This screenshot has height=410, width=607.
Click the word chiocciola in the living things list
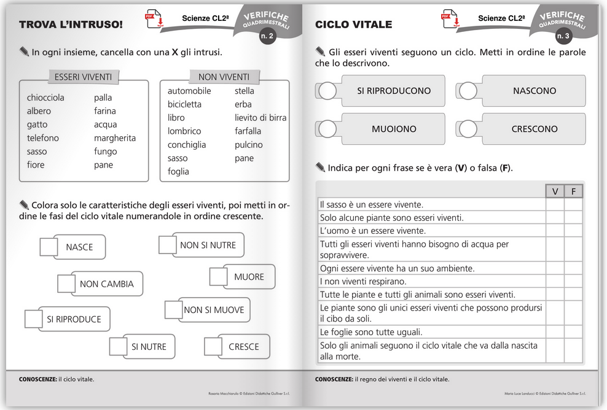pyautogui.click(x=45, y=98)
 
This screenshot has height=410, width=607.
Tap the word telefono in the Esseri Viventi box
pyautogui.click(x=43, y=138)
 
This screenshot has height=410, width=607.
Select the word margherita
pyautogui.click(x=115, y=138)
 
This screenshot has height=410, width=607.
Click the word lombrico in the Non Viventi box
pyautogui.click(x=184, y=131)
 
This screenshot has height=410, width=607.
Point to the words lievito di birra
pyautogui.click(x=260, y=118)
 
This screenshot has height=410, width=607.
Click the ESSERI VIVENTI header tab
pyautogui.click(x=83, y=77)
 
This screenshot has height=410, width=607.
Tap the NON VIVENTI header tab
pyautogui.click(x=224, y=77)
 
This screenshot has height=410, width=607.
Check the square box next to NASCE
pyautogui.click(x=49, y=247)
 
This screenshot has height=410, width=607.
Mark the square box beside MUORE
pyautogui.click(x=218, y=277)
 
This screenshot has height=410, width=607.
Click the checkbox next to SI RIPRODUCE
pyautogui.click(x=34, y=319)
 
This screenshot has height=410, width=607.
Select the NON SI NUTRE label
pyautogui.click(x=208, y=246)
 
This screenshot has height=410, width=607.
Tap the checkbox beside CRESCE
pyautogui.click(x=213, y=347)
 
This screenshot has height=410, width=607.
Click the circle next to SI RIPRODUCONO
pyautogui.click(x=328, y=91)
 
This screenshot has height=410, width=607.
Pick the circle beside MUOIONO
pyautogui.click(x=328, y=129)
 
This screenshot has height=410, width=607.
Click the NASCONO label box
pyautogui.click(x=534, y=91)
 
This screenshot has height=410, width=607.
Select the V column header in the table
pyautogui.click(x=555, y=191)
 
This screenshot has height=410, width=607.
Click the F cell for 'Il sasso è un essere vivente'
pyautogui.click(x=573, y=205)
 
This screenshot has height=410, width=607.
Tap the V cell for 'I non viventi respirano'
pyautogui.click(x=555, y=282)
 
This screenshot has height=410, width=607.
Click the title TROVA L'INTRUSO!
pyautogui.click(x=71, y=25)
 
